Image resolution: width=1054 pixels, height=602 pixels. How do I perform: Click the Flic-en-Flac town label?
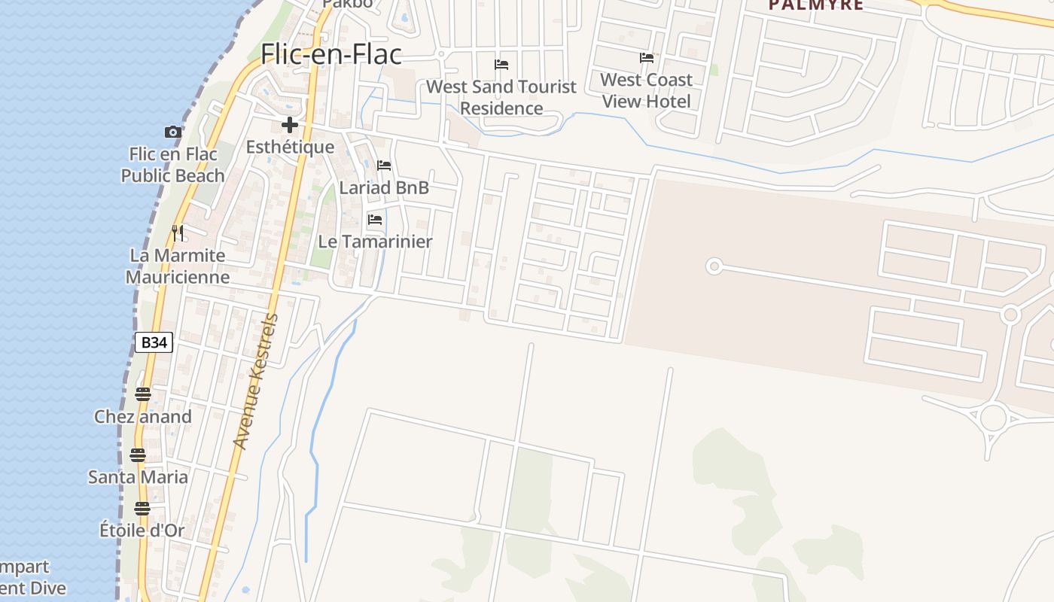pos(331,54)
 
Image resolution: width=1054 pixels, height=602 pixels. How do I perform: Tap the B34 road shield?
pos(154,342)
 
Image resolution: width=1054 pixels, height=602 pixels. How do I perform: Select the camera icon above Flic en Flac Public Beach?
pos(173,132)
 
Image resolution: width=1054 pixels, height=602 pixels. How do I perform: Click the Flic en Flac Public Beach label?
pos(173,165)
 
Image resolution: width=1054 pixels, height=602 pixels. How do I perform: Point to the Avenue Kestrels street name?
pos(256,382)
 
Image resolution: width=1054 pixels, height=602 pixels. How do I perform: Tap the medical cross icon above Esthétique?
pos(290,125)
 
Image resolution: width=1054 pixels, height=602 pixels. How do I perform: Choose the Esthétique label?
pos(290,147)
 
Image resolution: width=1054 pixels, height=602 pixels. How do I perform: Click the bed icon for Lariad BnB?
pos(384,166)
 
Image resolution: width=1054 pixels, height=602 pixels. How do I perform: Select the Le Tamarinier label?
pos(375,242)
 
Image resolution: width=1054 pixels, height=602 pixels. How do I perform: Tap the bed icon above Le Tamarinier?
pos(375,220)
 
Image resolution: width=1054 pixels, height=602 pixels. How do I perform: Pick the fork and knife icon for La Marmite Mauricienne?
pos(178,233)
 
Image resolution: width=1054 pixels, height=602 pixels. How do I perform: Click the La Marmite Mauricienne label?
pos(178,266)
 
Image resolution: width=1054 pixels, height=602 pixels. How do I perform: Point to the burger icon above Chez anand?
pos(143,394)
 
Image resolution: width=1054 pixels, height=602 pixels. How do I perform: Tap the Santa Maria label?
pos(138,476)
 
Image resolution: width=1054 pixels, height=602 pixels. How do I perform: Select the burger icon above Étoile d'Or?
pos(142,508)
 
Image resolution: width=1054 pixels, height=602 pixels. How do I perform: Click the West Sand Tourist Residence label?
pos(501,97)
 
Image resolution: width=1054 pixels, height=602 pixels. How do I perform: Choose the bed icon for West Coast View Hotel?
pos(646,58)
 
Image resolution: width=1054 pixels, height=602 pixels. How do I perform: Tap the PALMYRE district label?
pos(815,5)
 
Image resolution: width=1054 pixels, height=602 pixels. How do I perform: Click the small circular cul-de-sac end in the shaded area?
pos(714,266)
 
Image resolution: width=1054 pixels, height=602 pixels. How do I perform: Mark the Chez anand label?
pos(143,416)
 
